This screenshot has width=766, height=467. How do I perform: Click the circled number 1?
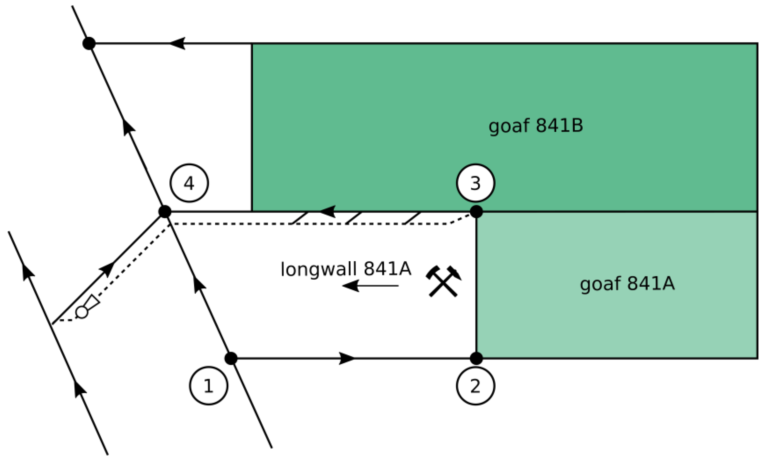tap(209, 386)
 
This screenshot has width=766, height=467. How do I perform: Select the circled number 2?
tap(476, 386)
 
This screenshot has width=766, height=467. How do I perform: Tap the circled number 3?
tap(476, 183)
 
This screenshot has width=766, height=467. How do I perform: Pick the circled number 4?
tap(189, 183)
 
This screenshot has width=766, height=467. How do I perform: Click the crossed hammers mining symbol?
tap(443, 281)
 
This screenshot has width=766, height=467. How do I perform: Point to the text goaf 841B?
tap(536, 126)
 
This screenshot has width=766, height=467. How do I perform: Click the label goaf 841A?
tap(627, 284)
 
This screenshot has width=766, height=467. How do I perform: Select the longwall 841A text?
tap(346, 269)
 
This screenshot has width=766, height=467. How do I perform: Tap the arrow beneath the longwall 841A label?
tap(370, 285)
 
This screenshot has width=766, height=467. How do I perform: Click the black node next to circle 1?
tap(231, 358)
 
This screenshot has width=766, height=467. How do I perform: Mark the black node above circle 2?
tap(476, 358)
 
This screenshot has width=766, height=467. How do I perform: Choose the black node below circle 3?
tap(476, 212)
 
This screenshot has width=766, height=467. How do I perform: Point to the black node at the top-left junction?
tap(89, 43)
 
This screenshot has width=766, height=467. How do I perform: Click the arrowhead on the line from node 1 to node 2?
tap(347, 358)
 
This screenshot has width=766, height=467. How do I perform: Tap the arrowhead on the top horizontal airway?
tap(178, 43)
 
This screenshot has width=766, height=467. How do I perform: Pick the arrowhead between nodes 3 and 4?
tap(328, 212)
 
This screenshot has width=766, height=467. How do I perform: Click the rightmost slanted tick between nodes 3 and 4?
tap(412, 218)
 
